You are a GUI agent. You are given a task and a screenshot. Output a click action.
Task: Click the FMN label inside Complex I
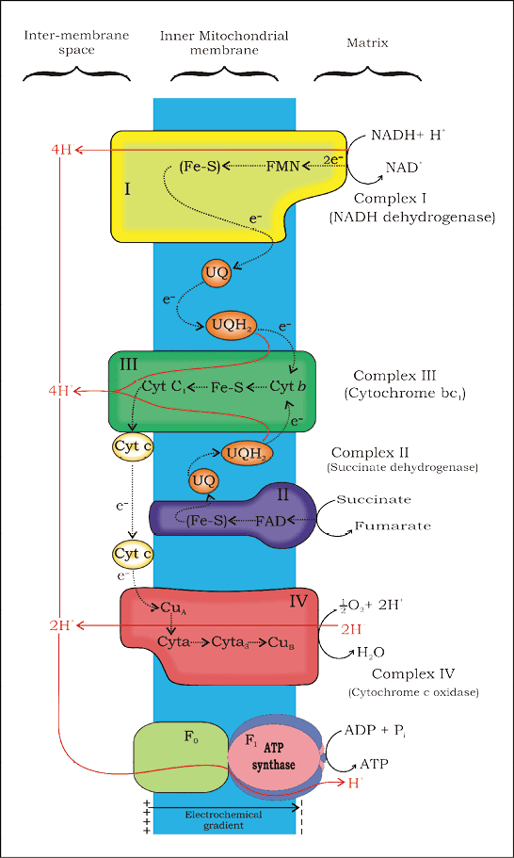coord(282,167)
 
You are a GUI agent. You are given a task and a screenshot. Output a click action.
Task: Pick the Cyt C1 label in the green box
coord(162,386)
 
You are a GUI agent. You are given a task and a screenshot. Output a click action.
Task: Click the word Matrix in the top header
coord(367,42)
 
